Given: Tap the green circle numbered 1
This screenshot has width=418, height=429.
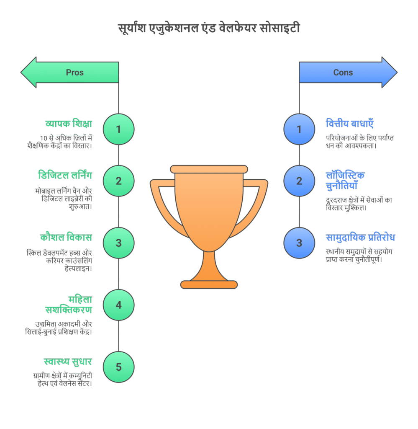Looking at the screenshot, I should click(118, 129).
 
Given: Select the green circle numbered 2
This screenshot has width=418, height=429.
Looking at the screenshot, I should click(118, 181).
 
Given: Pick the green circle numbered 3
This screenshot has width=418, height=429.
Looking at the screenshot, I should click(118, 243).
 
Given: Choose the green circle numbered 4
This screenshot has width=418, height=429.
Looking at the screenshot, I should click(118, 305).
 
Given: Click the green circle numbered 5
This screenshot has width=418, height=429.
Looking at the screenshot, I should click(118, 367).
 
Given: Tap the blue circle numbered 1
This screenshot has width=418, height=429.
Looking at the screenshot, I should click(299, 129).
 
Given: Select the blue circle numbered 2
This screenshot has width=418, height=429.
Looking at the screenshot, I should click(299, 181).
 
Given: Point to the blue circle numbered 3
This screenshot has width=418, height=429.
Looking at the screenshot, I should click(299, 243).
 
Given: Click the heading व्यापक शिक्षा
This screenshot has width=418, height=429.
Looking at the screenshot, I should click(69, 124).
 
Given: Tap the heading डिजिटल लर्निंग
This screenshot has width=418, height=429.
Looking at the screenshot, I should click(65, 176).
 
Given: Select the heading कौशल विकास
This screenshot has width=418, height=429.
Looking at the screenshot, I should click(66, 238).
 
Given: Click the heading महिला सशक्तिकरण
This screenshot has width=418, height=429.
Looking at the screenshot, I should click(69, 305).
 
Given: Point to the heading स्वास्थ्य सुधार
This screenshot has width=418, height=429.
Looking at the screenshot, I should click(68, 362).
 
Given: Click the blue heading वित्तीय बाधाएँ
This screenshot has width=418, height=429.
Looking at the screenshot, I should click(350, 124).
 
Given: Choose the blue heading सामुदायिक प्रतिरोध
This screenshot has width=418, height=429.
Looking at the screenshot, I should click(360, 238).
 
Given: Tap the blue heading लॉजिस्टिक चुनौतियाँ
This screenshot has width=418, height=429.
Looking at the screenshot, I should click(345, 181).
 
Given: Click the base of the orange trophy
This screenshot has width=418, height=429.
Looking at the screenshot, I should click(209, 284).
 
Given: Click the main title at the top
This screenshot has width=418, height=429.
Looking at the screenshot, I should click(209, 29).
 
